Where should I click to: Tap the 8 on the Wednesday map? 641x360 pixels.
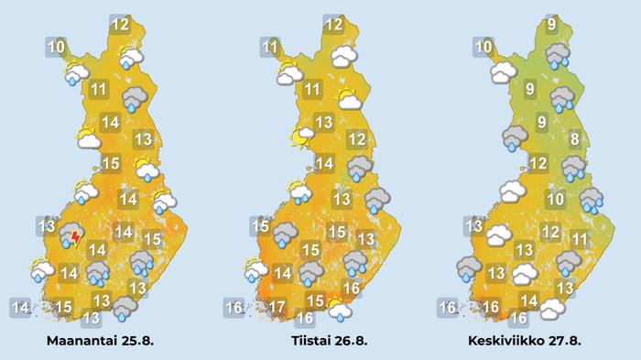click(x=574, y=140)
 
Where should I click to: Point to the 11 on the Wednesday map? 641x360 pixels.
click(x=579, y=239)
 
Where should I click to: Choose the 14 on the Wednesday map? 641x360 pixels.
click(x=528, y=300)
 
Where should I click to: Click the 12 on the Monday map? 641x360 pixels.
click(x=119, y=25)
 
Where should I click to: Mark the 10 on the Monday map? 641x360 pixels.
click(x=56, y=46)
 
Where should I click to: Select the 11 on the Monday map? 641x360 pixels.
click(x=100, y=90)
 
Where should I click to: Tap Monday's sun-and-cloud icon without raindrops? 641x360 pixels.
click(x=88, y=140)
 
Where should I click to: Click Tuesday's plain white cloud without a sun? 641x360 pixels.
click(x=344, y=57)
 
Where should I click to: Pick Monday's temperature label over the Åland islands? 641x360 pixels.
click(x=20, y=307)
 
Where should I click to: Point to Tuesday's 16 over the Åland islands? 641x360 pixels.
click(x=234, y=307)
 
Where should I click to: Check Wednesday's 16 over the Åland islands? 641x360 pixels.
click(x=448, y=307)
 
